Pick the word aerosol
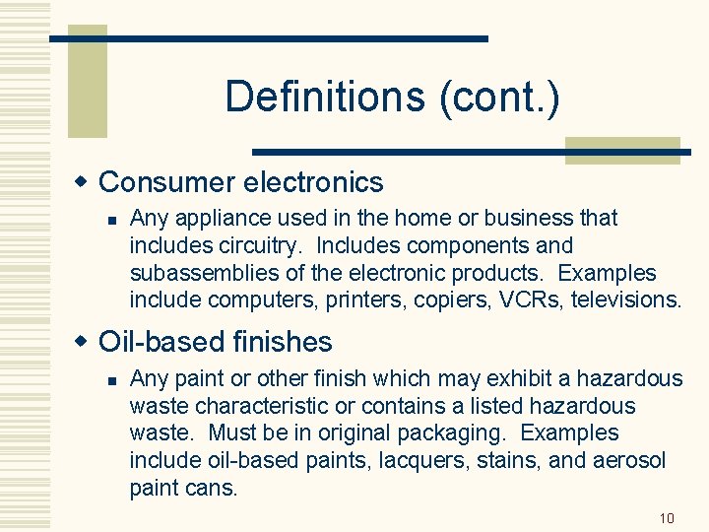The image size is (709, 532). pyautogui.click(x=627, y=460)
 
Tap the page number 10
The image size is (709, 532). pyautogui.click(x=667, y=516)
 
